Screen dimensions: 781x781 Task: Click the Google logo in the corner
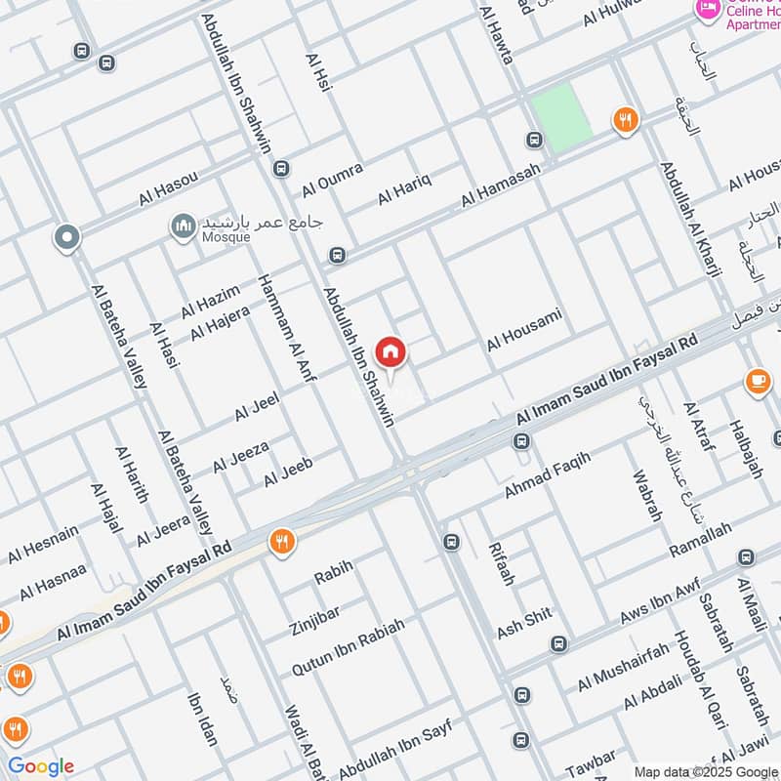click(x=41, y=766)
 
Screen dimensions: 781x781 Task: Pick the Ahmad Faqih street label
click(x=548, y=474)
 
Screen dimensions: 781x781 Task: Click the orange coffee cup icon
click(x=758, y=382)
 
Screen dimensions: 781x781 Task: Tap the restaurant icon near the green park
click(x=626, y=120)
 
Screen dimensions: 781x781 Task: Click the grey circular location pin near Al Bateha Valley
click(x=66, y=236)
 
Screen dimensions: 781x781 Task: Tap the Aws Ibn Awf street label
click(x=660, y=605)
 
